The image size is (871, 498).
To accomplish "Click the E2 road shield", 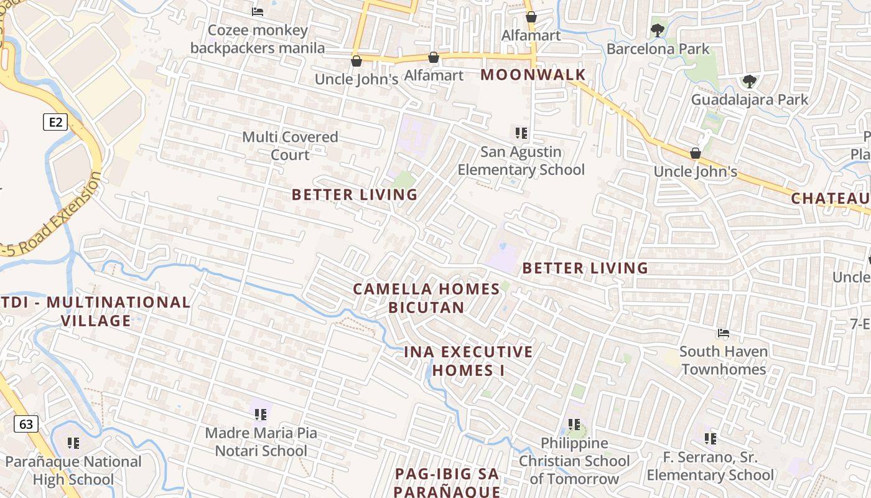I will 55,122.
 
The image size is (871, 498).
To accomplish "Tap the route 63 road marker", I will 26,425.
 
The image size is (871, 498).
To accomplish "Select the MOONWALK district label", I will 533,75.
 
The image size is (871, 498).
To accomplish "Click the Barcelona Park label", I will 658,49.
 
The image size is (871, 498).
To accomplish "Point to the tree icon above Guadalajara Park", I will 749,81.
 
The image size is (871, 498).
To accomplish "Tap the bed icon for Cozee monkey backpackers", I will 258,12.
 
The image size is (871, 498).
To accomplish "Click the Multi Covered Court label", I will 290,146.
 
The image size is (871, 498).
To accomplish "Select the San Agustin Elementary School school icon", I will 521,133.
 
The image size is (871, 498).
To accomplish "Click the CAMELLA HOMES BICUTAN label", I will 426,298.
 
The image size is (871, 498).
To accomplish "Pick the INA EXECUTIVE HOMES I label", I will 468,360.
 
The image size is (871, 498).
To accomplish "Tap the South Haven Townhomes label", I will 724,360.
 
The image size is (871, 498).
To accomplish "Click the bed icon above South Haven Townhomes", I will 723,333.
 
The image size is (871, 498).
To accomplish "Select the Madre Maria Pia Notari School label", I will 261,441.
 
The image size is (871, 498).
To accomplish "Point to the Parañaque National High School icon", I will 73,443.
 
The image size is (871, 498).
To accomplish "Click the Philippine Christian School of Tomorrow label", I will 574,461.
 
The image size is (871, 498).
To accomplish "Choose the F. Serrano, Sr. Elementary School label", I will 710,466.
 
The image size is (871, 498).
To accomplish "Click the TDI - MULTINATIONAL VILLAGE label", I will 96,311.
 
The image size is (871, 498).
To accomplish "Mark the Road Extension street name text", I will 53,215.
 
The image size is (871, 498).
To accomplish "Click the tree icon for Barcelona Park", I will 657,30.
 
